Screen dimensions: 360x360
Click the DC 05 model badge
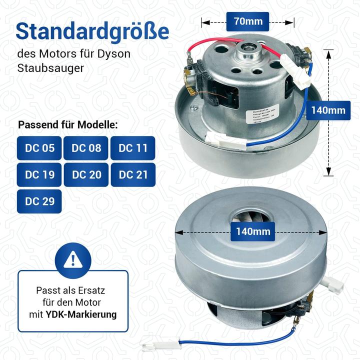[x=39, y=148]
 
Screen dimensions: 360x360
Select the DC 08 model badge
[x=86, y=148]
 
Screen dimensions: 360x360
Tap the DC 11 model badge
[x=133, y=148]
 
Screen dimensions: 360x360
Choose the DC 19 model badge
[x=39, y=174]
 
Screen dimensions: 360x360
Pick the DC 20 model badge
[x=86, y=174]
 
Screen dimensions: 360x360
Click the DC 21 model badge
[x=133, y=174]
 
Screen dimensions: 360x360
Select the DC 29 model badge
[x=39, y=201]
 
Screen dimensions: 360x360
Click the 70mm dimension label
[x=247, y=21]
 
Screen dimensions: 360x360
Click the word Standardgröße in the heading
[x=92, y=31]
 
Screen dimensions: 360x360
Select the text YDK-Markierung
[x=88, y=314]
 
